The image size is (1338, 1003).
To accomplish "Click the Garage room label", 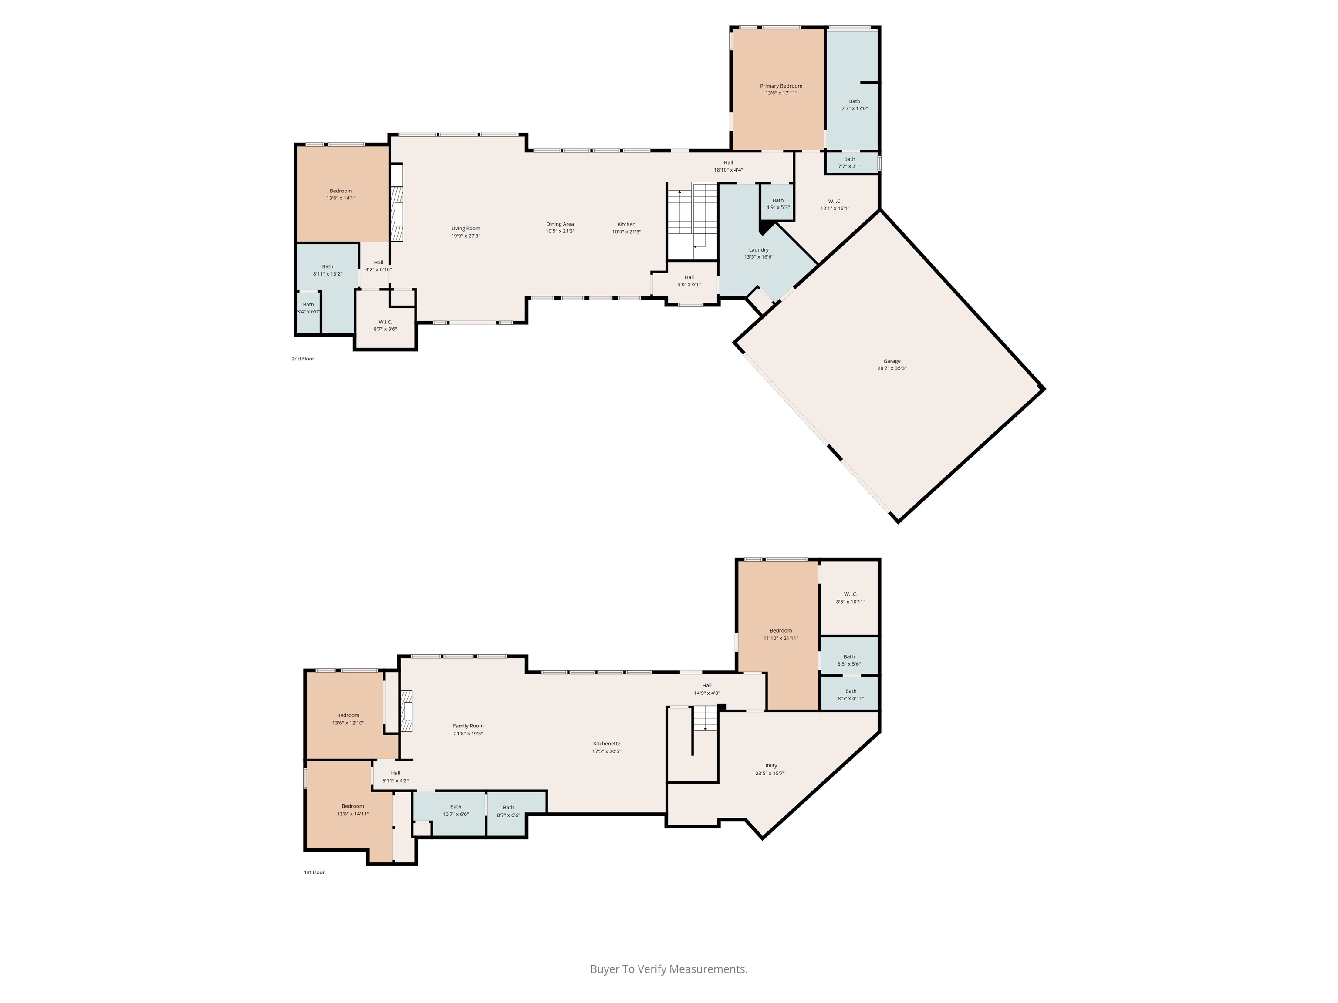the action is (x=892, y=361).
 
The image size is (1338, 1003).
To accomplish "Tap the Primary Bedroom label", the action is (x=781, y=86).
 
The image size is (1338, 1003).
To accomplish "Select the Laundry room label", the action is (x=759, y=250).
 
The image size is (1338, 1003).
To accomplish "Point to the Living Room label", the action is (x=465, y=229).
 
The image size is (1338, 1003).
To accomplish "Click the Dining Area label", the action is (x=560, y=224).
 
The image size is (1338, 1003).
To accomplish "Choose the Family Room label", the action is (x=468, y=726).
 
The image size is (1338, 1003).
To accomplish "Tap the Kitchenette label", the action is (x=606, y=744).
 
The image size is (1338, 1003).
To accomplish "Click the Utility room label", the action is (x=770, y=765).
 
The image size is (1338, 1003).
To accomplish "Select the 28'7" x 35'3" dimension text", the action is (x=892, y=368).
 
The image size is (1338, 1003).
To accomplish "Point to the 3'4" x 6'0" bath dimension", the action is (x=308, y=312).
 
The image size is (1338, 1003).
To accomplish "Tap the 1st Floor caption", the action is (x=314, y=872).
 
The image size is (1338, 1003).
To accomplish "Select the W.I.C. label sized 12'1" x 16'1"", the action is (x=835, y=201).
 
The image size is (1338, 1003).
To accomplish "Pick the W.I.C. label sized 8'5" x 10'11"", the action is (x=851, y=594).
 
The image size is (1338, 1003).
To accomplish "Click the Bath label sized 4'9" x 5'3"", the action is (x=778, y=200).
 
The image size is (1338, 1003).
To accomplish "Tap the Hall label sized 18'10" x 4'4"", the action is (x=728, y=163).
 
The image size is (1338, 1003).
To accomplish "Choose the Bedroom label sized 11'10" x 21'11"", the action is (x=780, y=631).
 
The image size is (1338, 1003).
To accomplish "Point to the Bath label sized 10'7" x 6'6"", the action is (x=456, y=807).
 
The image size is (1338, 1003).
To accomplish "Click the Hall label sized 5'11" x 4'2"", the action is (x=395, y=773).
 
